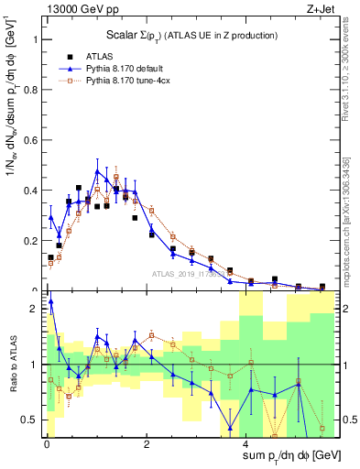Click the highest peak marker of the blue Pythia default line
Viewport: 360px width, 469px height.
click(x=97, y=170)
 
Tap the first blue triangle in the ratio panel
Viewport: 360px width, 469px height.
click(x=50, y=300)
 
